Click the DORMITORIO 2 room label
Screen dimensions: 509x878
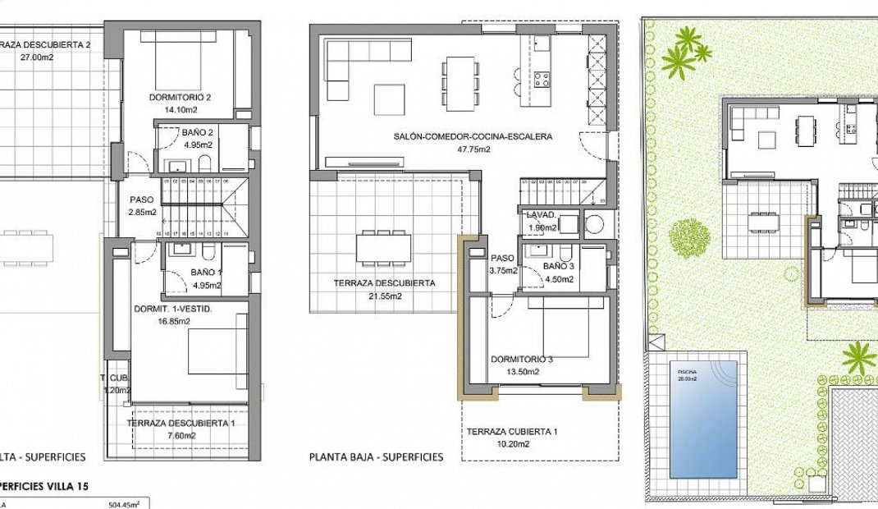[x=180, y=98]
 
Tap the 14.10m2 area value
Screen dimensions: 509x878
[x=180, y=109]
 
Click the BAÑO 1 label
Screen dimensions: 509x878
[x=207, y=273]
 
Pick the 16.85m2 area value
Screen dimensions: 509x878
[x=173, y=321]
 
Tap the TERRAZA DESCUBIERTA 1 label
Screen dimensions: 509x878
[x=181, y=423]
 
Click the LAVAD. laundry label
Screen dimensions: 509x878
[x=542, y=216]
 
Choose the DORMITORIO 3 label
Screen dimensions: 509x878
[x=522, y=360]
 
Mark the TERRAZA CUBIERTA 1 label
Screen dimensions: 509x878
[x=513, y=432]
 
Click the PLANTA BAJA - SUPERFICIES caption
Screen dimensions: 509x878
[x=377, y=457]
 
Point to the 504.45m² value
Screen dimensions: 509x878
[x=124, y=505]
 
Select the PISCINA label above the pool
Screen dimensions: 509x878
[x=688, y=371]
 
